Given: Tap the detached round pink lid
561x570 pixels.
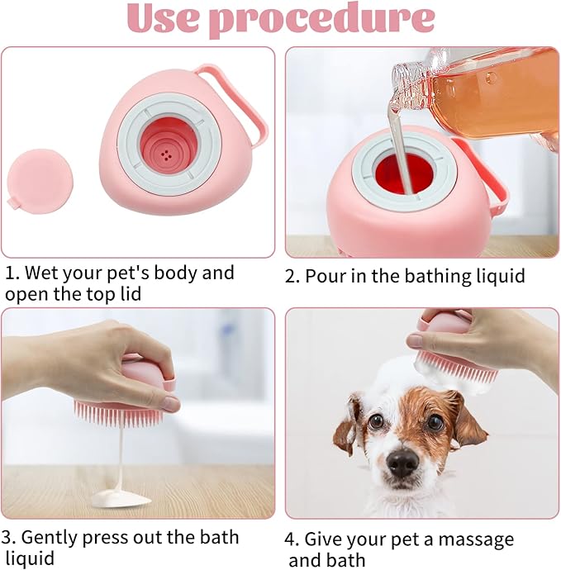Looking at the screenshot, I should (39, 180).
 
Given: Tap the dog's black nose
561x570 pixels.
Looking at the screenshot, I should (403, 463).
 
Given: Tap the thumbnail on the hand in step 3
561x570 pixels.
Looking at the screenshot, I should (169, 404).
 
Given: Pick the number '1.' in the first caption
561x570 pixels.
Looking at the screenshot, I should (12, 273).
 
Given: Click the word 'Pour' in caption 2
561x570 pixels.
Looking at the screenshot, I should (325, 276).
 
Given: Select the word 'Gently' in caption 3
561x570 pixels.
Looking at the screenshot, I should (55, 538).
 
